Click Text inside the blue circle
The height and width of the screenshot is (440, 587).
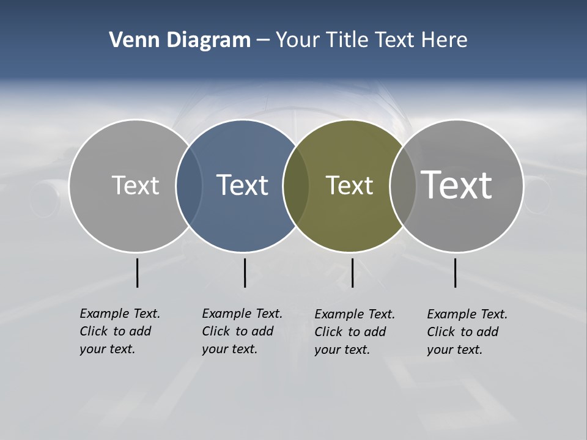[x=242, y=185]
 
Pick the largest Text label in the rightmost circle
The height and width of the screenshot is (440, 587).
[x=457, y=185]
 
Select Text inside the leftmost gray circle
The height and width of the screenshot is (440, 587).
[x=135, y=185]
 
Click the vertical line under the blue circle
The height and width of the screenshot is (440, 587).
[x=245, y=273]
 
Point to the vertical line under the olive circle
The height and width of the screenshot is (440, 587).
[x=352, y=273]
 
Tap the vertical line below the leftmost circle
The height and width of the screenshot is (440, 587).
[x=137, y=273]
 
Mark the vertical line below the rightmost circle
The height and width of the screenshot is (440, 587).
[x=455, y=273]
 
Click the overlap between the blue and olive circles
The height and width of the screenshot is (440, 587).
[x=295, y=186]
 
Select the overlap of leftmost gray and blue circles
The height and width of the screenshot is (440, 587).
[x=189, y=186]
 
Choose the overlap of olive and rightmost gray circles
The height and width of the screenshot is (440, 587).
[x=402, y=186]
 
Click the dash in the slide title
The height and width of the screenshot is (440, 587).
[x=262, y=40]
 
